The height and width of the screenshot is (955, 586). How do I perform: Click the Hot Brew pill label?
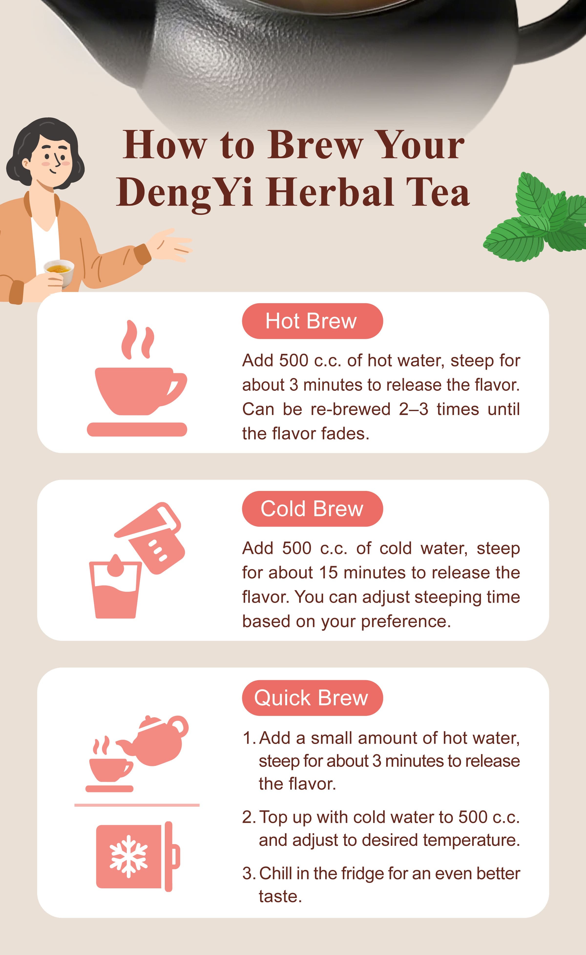tap(312, 321)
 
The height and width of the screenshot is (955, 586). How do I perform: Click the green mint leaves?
tap(539, 221)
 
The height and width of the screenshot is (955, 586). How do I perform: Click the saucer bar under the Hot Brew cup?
tap(137, 429)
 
